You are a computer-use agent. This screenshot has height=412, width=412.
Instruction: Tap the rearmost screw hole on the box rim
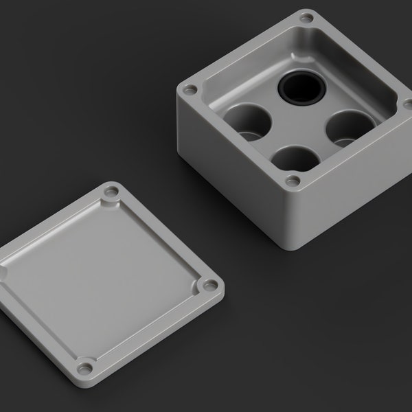[306, 16]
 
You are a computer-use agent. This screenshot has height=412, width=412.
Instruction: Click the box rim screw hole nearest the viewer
[293, 181]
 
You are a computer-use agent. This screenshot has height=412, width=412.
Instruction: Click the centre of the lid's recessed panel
[96, 275]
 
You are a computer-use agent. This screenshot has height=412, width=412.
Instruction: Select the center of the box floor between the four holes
[299, 124]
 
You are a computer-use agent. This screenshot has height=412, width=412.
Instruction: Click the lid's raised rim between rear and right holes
[161, 237]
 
